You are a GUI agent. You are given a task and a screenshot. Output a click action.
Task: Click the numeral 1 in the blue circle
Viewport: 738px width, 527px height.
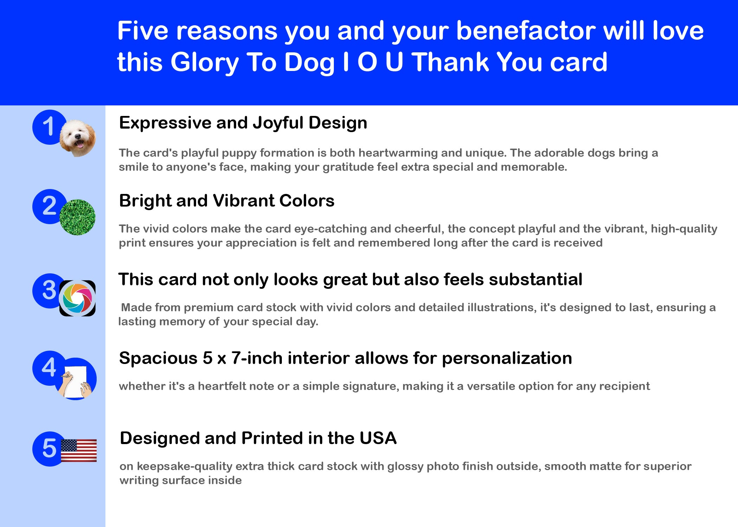click(x=48, y=126)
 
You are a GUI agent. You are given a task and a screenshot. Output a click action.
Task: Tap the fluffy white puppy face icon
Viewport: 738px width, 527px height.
click(x=78, y=138)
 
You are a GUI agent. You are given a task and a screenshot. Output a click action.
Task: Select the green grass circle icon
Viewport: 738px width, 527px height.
click(x=77, y=217)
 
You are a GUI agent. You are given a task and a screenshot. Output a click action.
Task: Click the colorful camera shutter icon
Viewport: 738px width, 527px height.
click(x=77, y=298)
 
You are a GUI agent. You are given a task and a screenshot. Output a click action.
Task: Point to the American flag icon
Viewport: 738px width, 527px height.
click(x=79, y=450)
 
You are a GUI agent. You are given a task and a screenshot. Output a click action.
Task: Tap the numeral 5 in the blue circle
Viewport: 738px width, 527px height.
click(x=49, y=448)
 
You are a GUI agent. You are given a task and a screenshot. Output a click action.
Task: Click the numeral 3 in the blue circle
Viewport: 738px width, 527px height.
click(x=49, y=290)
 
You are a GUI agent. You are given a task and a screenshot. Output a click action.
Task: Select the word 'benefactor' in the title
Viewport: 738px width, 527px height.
click(x=526, y=31)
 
